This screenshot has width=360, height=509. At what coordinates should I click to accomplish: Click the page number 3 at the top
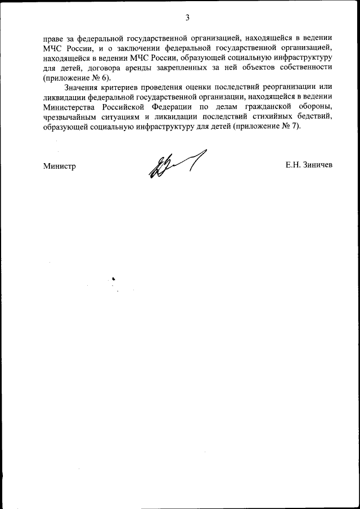[187, 17]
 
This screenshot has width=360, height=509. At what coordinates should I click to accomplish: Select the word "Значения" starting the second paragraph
[81, 87]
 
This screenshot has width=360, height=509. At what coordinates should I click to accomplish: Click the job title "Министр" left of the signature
[59, 166]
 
